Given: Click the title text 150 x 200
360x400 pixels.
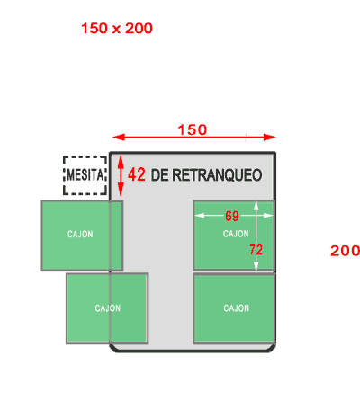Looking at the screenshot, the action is click(117, 29).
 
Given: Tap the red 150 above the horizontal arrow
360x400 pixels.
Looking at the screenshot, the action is click(193, 129).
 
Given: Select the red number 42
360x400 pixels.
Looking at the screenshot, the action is click(137, 174).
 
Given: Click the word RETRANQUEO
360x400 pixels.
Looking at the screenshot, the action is click(217, 175).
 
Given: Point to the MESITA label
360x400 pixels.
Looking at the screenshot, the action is click(85, 174).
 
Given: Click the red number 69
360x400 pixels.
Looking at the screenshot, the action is click(232, 216).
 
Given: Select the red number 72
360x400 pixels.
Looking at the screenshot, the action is click(256, 250).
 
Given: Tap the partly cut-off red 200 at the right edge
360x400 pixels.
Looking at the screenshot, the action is click(345, 251).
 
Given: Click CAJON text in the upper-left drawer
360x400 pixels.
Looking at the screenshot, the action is click(80, 234).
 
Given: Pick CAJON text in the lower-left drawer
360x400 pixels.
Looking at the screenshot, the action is click(108, 308).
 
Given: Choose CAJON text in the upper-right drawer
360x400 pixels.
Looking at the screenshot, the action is click(236, 234).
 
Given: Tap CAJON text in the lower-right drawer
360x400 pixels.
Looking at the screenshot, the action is click(237, 308).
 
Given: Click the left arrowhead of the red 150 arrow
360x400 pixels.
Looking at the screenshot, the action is click(119, 138).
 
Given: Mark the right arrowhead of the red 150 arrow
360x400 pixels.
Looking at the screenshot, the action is click(270, 138).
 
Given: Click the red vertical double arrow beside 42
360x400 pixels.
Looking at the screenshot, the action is click(121, 175).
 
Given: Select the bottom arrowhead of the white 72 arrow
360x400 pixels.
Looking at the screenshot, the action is click(256, 265).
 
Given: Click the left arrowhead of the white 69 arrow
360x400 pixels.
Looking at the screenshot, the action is click(200, 215).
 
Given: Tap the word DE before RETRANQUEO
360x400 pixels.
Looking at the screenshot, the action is click(159, 175).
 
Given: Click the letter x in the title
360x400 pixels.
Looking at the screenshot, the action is click(117, 30).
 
